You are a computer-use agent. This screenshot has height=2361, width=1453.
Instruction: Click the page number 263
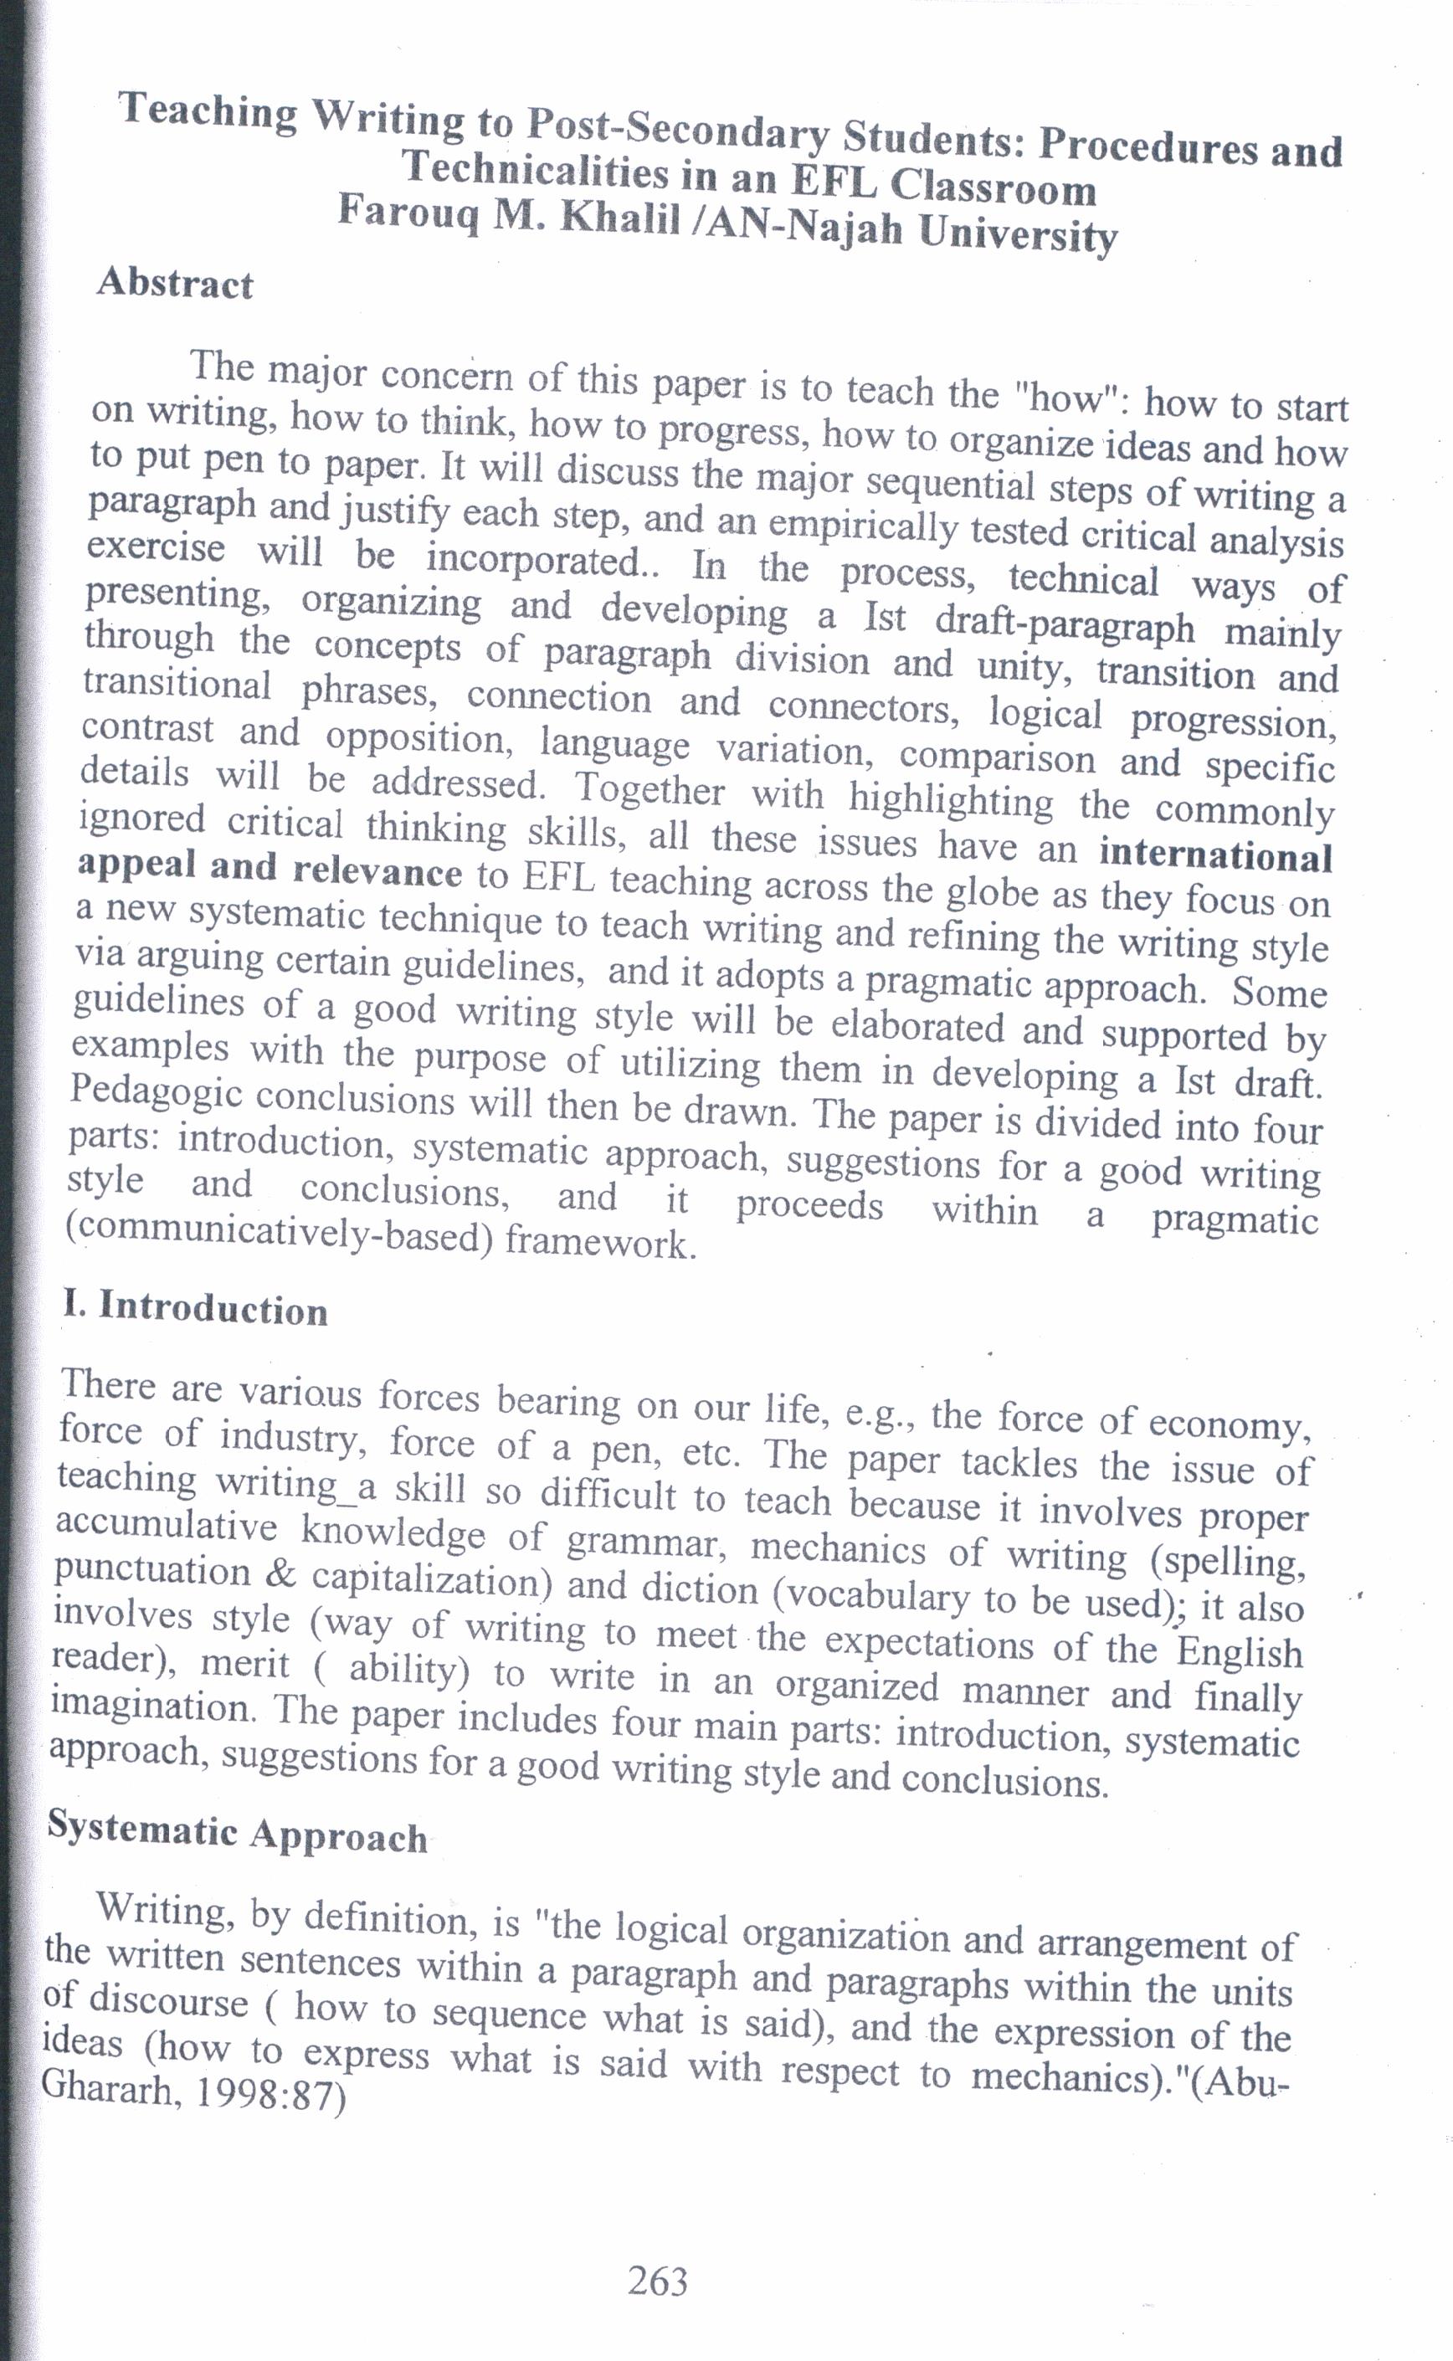pyautogui.click(x=657, y=2279)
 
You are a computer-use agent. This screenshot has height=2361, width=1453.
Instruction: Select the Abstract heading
pyautogui.click(x=174, y=284)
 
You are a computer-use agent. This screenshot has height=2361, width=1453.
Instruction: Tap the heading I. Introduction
pyautogui.click(x=195, y=1309)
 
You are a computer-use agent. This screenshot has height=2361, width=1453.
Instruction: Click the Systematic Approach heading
pyautogui.click(x=238, y=1830)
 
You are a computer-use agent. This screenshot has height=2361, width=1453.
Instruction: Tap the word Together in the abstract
pyautogui.click(x=650, y=790)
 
